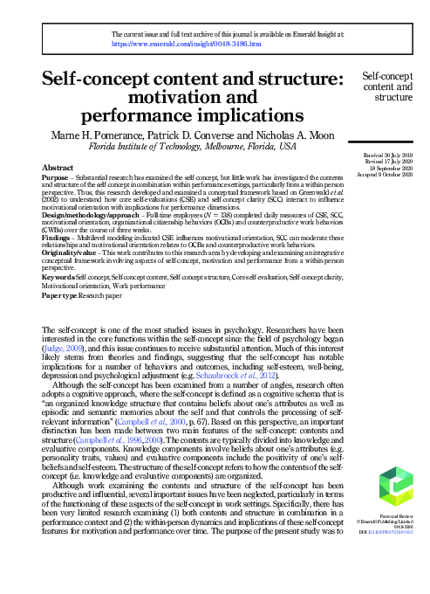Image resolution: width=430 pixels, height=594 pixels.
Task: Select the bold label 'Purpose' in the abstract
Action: pos(57,175)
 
